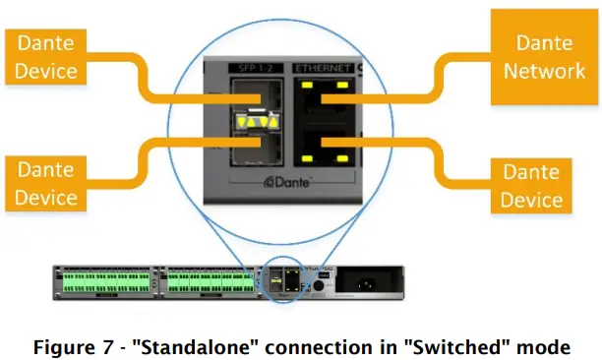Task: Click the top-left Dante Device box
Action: point(46,57)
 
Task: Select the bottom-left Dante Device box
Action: point(46,184)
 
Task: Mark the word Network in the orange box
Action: point(538,70)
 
